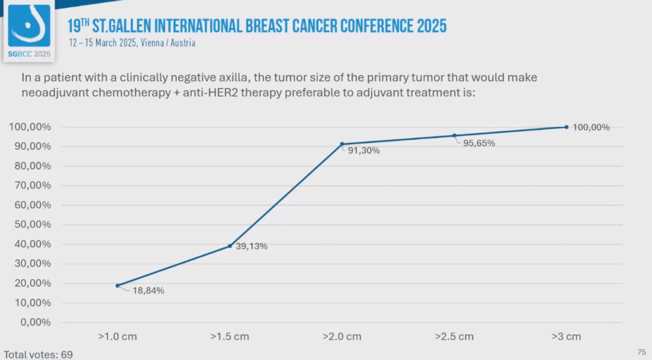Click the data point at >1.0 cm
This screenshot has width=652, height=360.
[x=118, y=285]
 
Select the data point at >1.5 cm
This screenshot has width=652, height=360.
[x=230, y=246]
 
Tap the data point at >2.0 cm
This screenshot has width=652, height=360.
[x=342, y=144]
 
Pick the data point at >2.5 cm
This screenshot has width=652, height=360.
[x=454, y=135]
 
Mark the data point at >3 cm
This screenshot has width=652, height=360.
[x=566, y=127]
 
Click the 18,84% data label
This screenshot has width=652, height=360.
[x=148, y=291]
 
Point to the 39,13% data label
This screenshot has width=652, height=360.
[x=252, y=246]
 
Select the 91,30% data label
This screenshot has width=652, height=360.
[x=364, y=150]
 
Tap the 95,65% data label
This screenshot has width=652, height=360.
[x=479, y=143]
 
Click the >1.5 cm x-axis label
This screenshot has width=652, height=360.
[x=229, y=336]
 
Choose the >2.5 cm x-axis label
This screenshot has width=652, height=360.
[x=454, y=336]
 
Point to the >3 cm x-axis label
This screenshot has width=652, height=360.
[x=566, y=336]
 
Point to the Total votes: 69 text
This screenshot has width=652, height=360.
[x=38, y=355]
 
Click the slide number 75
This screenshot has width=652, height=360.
[x=641, y=352]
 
